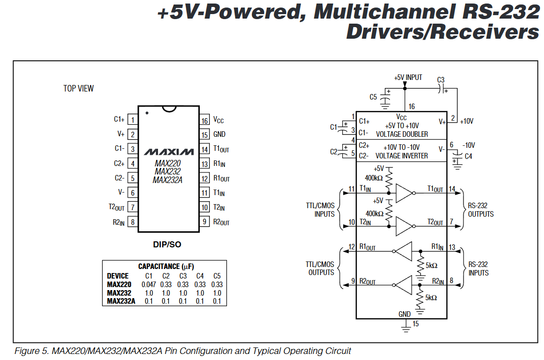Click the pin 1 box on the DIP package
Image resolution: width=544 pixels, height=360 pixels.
pos(133,120)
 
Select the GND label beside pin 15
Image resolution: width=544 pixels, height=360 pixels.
pos(219,134)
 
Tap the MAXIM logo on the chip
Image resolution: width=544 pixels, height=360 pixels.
pos(169,152)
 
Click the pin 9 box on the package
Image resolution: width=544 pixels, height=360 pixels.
pos(205,222)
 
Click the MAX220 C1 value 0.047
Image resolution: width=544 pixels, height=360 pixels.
pos(148,285)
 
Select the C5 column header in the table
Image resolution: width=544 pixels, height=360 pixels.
pos(217,276)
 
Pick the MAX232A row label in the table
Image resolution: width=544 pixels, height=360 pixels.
pos(121,301)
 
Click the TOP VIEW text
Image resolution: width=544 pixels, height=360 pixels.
pos(79,88)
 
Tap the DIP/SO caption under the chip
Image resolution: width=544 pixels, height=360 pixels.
pos(167,245)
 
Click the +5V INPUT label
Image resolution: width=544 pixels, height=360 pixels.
pos(408,77)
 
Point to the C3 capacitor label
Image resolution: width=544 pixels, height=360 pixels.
pos(441,80)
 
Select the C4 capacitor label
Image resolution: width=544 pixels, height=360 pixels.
pos(469,156)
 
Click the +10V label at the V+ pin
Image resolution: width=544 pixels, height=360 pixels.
pos(467,121)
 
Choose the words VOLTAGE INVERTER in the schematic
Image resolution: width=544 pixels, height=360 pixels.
pos(402,156)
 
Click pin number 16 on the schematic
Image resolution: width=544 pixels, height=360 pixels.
pos(412,107)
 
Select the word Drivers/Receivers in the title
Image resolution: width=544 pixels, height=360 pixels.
pos(442,32)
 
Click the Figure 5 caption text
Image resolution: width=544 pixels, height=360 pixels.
pos(182,350)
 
